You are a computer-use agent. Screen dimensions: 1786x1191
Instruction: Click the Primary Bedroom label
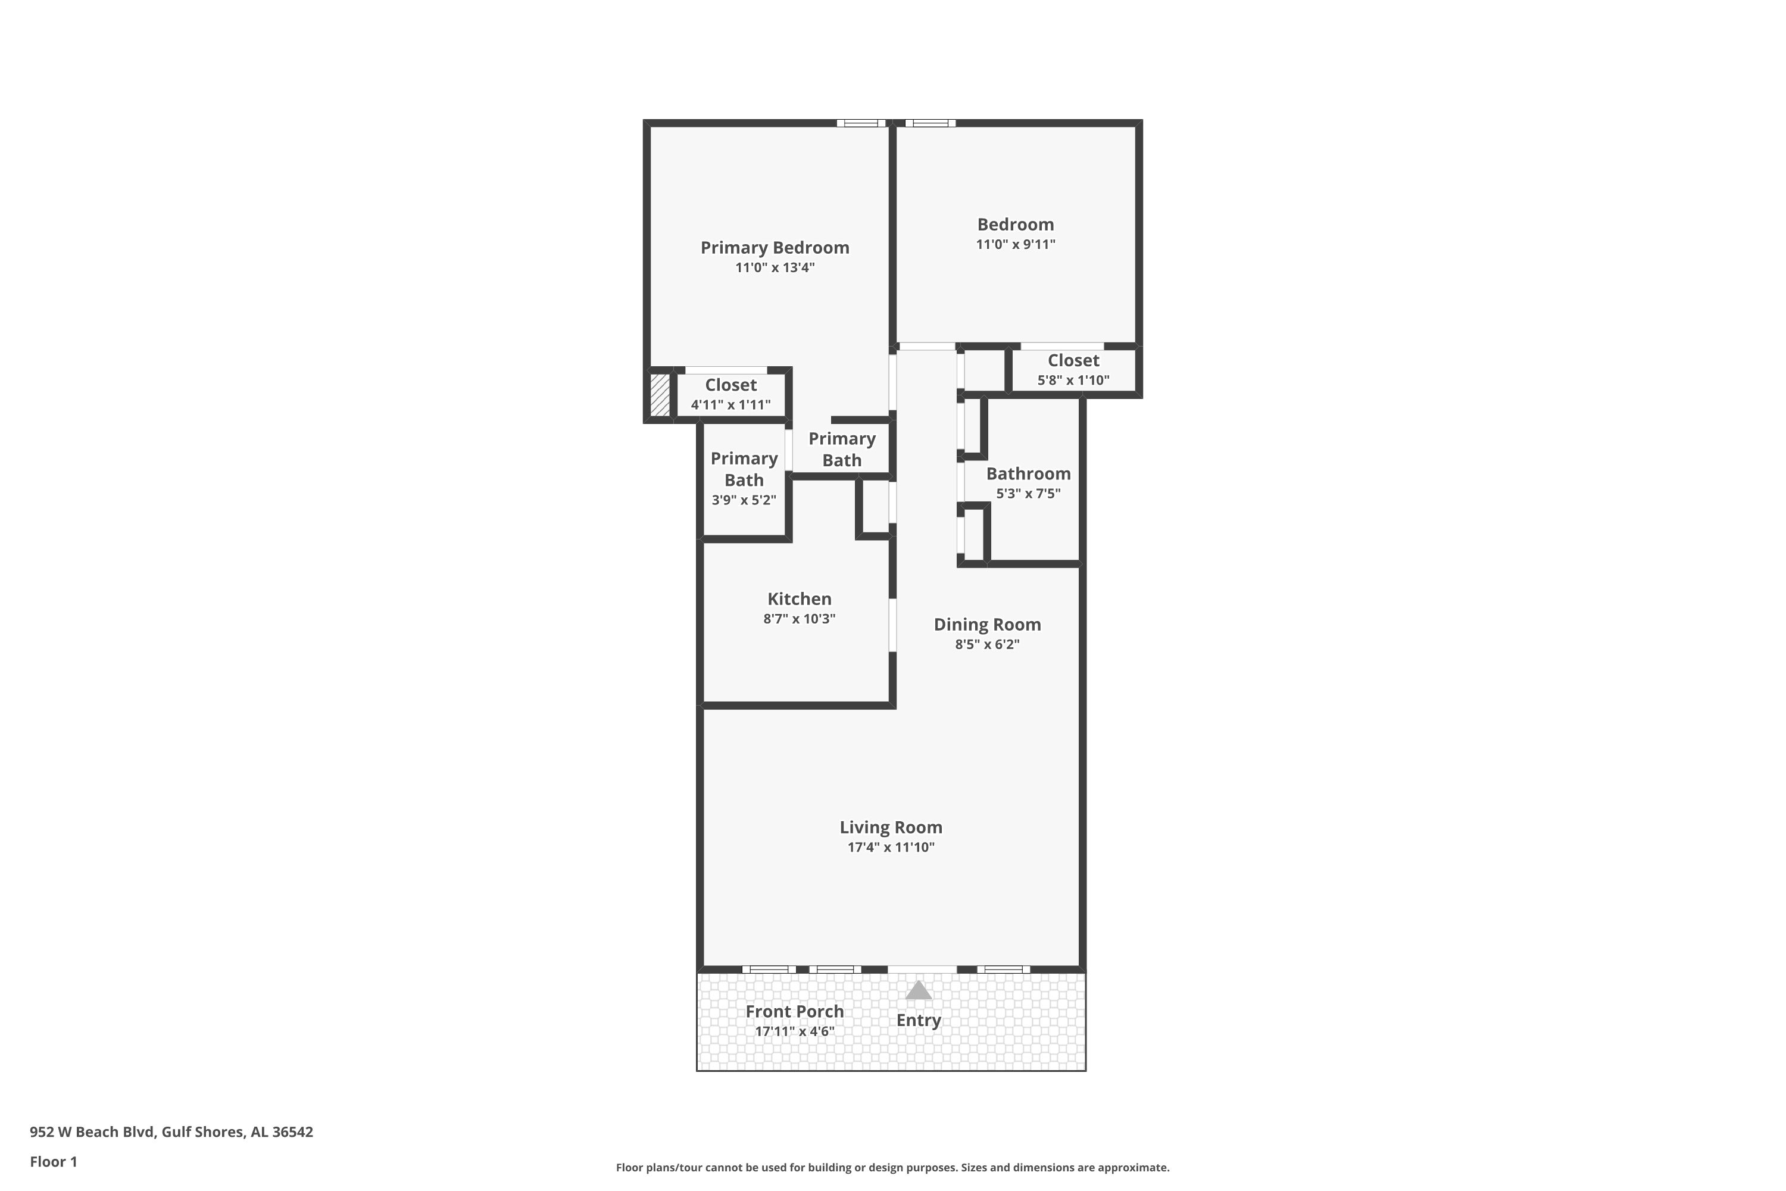pos(775,248)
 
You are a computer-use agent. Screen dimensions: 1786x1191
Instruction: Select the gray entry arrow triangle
pos(918,990)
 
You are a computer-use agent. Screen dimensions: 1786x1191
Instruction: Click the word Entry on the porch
pos(918,1020)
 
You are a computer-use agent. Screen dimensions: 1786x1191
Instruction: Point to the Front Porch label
pos(794,1012)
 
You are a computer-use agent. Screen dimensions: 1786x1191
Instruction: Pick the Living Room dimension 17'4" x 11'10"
pos(891,847)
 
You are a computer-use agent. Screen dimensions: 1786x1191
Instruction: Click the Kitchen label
pos(799,598)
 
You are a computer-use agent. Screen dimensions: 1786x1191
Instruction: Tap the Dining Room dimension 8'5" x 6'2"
pos(987,644)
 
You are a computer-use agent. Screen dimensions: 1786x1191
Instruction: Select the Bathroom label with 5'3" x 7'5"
pos(1028,474)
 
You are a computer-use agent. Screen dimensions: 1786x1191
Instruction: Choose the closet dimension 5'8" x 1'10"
pos(1073,380)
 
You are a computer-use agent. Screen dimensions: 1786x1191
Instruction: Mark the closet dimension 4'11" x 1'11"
pos(730,405)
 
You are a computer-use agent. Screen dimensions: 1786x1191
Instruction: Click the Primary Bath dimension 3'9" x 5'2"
pos(744,500)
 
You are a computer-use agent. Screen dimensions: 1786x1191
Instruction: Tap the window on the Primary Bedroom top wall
pos(861,123)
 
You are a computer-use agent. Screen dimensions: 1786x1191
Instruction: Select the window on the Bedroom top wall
pos(930,123)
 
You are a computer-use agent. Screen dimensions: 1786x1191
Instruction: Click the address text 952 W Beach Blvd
pos(93,1132)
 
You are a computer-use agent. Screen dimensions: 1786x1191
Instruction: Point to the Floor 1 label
pos(53,1161)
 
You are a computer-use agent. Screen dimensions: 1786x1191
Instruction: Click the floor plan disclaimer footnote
pos(892,1167)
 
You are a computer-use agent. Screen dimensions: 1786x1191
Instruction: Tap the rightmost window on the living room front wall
pos(1003,969)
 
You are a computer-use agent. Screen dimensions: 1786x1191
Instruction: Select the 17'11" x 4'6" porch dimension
pos(794,1031)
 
